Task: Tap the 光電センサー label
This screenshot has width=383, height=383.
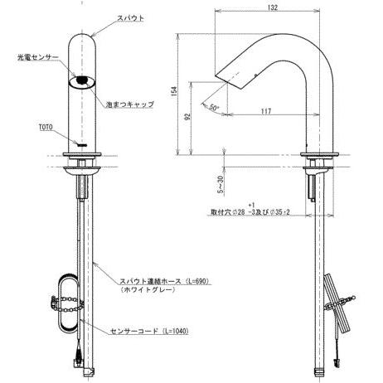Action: pos(36,59)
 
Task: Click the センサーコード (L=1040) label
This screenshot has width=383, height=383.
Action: pos(150,330)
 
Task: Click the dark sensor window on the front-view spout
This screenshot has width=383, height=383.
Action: pos(80,81)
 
